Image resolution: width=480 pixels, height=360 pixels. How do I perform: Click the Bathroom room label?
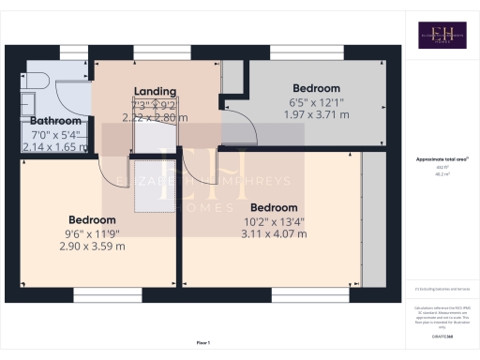tap(56, 121)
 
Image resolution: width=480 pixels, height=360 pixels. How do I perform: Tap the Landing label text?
tap(156, 91)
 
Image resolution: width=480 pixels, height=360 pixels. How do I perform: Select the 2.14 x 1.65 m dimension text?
tap(56, 147)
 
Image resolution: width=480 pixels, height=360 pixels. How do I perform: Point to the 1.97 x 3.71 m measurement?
tap(317, 114)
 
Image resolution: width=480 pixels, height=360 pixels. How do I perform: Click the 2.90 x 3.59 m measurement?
tap(91, 246)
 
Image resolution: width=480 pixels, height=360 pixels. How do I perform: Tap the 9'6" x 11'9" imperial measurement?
tap(91, 233)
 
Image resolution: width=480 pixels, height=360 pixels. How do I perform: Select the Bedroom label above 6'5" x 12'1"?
tap(317, 88)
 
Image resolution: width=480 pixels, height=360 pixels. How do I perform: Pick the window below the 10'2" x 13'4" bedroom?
tap(299, 294)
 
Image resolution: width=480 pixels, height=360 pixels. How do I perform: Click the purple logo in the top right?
tap(442, 36)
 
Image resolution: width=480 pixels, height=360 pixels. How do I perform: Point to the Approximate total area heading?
tap(442, 159)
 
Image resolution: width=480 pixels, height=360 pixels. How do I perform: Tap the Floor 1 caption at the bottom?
tap(203, 343)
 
